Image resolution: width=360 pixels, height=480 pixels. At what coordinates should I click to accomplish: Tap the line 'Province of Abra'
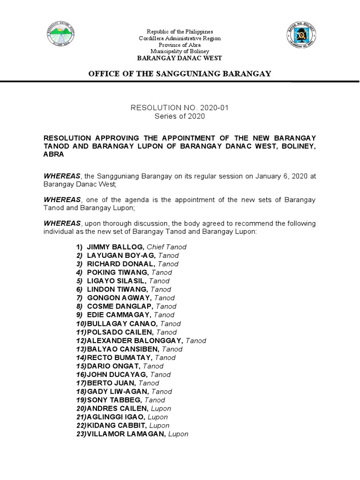click(180, 45)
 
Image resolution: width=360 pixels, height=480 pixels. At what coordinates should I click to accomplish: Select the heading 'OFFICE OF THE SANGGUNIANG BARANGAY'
click(180, 74)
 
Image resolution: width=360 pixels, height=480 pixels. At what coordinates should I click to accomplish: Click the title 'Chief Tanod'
click(166, 247)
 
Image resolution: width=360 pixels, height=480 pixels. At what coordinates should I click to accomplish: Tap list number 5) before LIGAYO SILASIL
click(79, 281)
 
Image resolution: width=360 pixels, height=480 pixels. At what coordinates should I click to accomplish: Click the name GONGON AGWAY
click(119, 298)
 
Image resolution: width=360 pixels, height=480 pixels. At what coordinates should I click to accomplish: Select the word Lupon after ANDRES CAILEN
click(161, 409)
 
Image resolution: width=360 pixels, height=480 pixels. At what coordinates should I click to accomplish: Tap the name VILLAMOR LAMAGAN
click(126, 434)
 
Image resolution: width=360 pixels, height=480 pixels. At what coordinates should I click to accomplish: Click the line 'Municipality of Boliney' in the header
click(180, 51)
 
